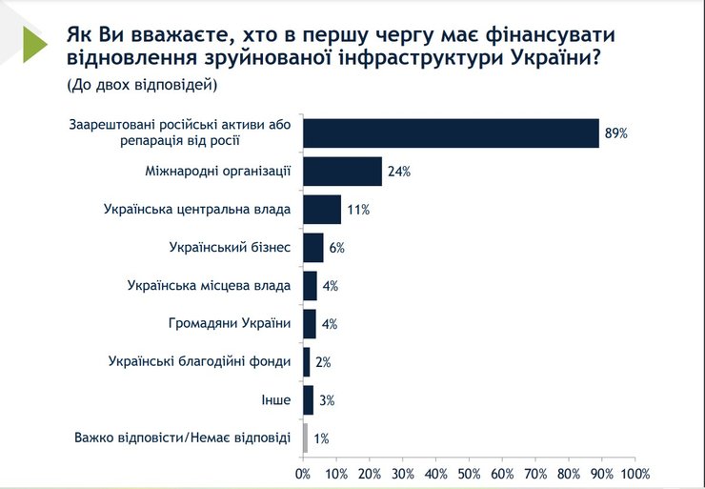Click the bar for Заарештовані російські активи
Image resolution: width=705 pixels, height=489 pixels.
(451, 132)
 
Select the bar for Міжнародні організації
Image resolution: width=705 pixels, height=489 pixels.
(343, 171)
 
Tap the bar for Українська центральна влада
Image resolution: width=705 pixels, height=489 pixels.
(321, 209)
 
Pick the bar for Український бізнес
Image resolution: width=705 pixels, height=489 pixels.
(313, 247)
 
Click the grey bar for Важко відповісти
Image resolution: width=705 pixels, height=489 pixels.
(305, 438)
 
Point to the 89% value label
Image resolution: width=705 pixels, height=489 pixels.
(614, 133)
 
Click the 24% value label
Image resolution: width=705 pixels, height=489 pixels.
(398, 172)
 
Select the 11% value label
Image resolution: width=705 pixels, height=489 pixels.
(356, 210)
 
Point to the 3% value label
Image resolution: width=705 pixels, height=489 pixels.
(326, 400)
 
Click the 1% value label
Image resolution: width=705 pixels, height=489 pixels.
(321, 438)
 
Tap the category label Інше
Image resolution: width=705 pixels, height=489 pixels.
(275, 399)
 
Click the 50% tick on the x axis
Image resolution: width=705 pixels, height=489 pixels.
(469, 473)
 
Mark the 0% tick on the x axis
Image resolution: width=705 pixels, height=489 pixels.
(303, 473)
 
